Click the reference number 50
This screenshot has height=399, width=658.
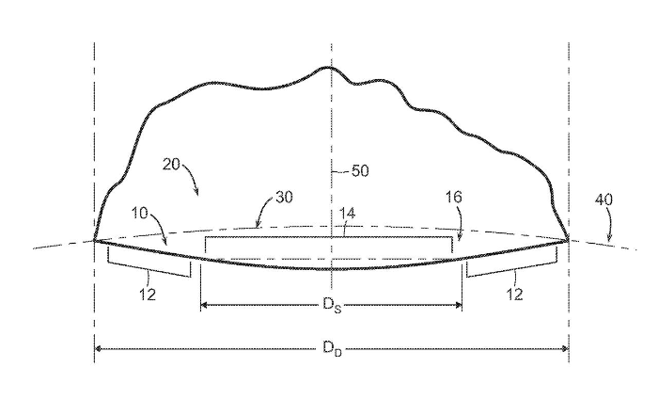(358, 172)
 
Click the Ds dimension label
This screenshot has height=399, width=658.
(330, 307)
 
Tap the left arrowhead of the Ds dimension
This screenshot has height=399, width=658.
(204, 305)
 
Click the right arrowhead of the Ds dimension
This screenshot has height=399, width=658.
(459, 305)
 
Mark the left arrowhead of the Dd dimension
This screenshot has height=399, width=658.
(98, 349)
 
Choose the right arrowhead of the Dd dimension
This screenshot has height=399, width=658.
(565, 349)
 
